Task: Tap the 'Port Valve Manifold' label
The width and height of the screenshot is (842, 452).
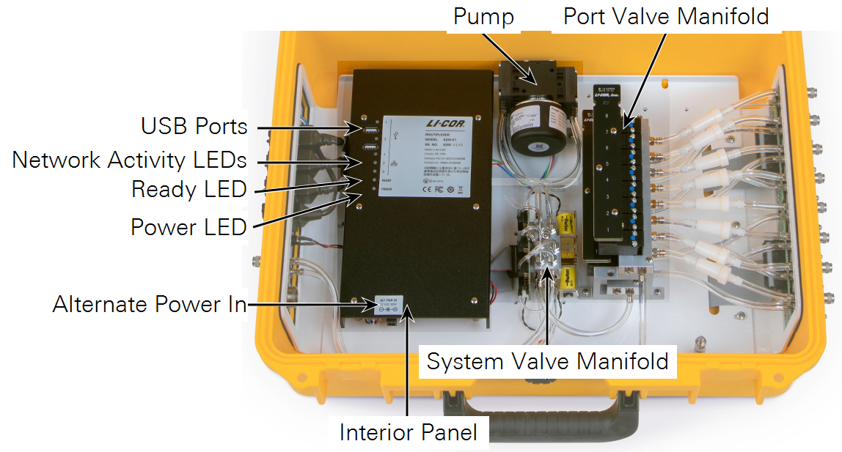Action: pos(666,16)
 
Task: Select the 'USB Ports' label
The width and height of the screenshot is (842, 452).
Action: pos(194,126)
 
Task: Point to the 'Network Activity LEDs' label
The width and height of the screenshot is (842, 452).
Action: pos(129,159)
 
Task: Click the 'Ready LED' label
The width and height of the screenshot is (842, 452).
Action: pos(188,189)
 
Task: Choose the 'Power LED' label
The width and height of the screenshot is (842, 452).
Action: pos(188,226)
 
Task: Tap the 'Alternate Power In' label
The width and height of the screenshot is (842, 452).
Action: pos(150,304)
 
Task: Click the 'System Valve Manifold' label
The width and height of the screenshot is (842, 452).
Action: pos(547,361)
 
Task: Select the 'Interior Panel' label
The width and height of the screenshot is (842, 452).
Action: pos(408,432)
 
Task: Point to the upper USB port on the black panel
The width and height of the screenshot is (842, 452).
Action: pos(371,130)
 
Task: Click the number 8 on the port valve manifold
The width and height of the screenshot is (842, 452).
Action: pos(607,115)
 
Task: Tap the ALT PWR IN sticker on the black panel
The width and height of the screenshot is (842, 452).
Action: pos(387,305)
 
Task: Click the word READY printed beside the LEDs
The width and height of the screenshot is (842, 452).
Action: pos(387,180)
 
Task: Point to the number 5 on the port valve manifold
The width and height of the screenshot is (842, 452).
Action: pos(607,164)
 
